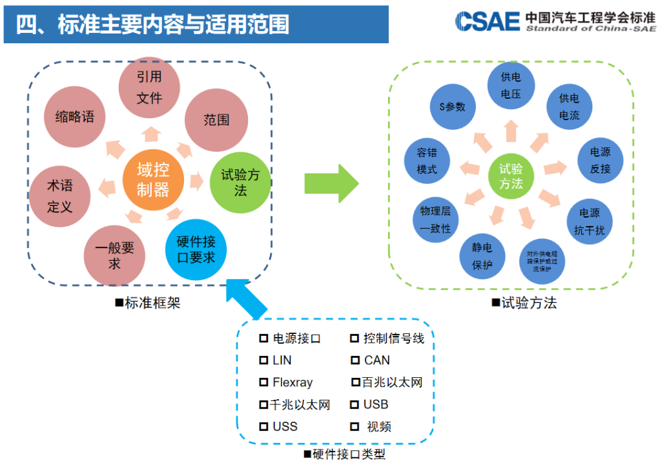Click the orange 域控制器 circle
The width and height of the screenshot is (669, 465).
(x=153, y=180)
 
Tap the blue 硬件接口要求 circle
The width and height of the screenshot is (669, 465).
(x=196, y=251)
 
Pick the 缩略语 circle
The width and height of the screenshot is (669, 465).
(x=74, y=117)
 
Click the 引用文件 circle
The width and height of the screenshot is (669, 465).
(x=149, y=88)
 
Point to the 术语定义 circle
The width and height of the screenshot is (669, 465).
(x=60, y=196)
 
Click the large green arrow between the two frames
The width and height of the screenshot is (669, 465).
(x=331, y=183)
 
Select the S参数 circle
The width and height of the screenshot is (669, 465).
(x=452, y=107)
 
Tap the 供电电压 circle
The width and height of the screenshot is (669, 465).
(x=510, y=85)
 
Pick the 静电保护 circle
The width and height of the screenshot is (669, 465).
(x=482, y=256)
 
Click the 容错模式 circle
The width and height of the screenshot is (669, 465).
(x=426, y=161)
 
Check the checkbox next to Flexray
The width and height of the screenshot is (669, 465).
(x=263, y=382)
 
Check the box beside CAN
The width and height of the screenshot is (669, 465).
(x=355, y=360)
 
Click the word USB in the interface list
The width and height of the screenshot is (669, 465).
(x=376, y=405)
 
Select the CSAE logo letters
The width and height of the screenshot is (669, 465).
(x=488, y=21)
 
